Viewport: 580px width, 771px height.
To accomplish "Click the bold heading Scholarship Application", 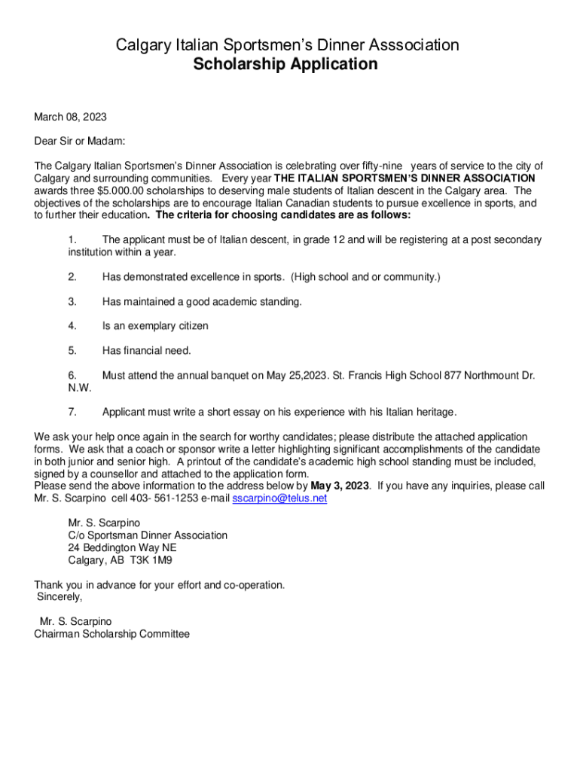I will pyautogui.click(x=285, y=65).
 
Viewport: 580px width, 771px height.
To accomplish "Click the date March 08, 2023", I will pyautogui.click(x=70, y=117).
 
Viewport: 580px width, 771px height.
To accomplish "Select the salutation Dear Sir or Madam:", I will pyautogui.click(x=79, y=142).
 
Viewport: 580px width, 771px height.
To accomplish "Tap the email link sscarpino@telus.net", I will pyautogui.click(x=279, y=498).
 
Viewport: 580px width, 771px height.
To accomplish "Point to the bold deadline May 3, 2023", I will pyautogui.click(x=340, y=486).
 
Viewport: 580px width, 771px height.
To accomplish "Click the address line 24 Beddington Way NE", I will pyautogui.click(x=122, y=548).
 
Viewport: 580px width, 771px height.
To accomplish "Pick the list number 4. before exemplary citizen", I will pyautogui.click(x=72, y=326).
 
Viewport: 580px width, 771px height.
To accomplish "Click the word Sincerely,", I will pyautogui.click(x=60, y=597).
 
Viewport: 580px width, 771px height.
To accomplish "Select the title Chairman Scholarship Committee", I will pyautogui.click(x=111, y=634).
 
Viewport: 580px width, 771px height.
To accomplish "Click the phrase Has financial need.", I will pyautogui.click(x=147, y=350).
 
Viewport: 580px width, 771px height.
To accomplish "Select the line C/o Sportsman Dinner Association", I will pyautogui.click(x=147, y=535).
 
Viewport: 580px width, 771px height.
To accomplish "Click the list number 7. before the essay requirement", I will pyautogui.click(x=72, y=412).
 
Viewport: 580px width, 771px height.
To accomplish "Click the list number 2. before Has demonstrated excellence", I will pyautogui.click(x=72, y=277).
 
